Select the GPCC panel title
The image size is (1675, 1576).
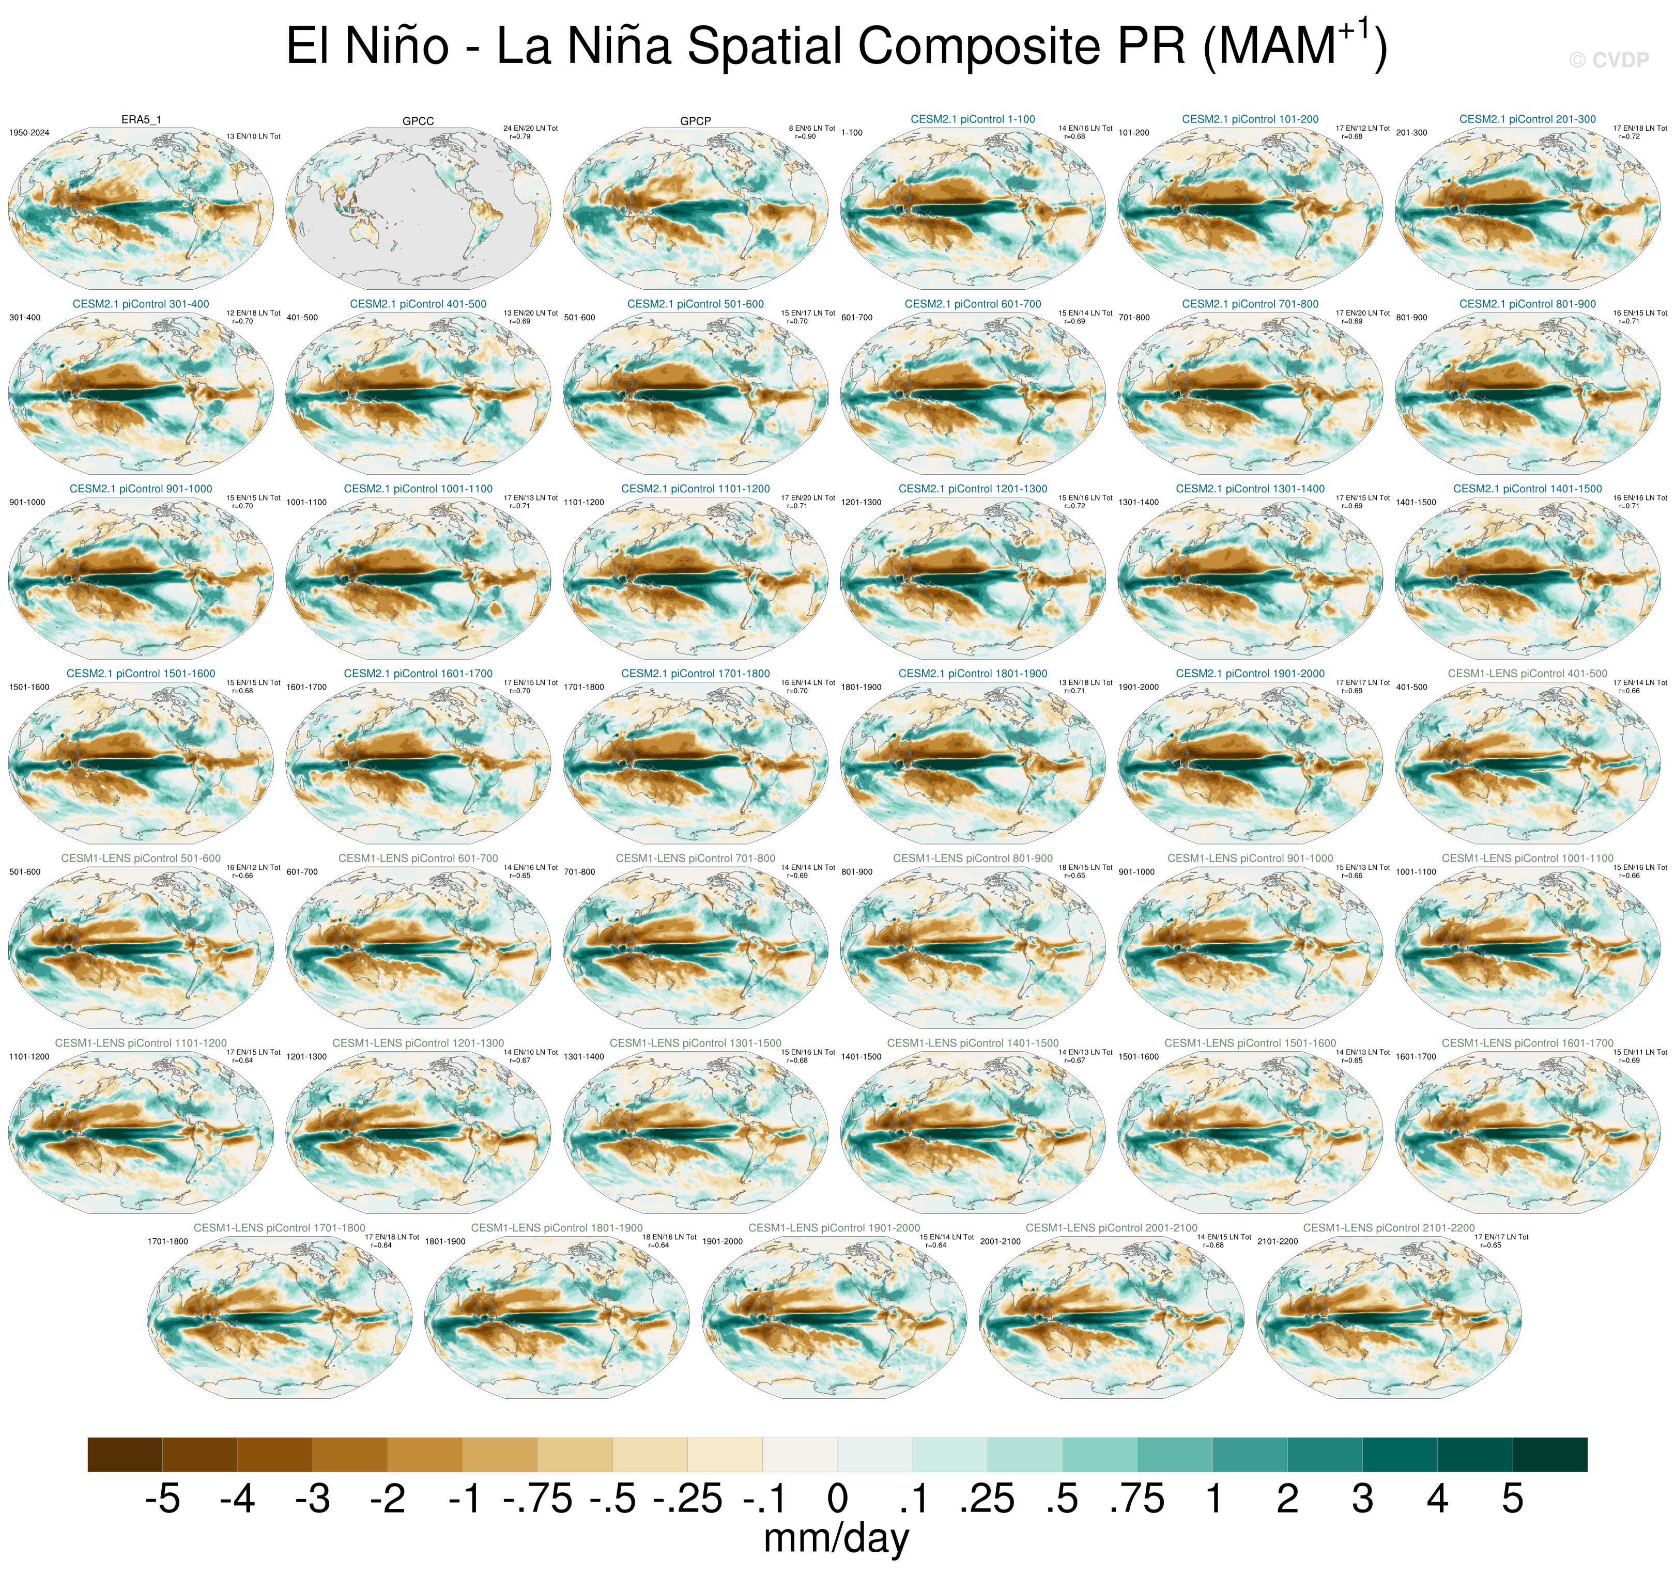(x=418, y=121)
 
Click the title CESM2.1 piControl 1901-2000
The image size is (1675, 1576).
(x=1250, y=674)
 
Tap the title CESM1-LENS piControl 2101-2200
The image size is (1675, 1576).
(x=1389, y=1228)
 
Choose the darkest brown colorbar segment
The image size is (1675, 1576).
(x=125, y=1455)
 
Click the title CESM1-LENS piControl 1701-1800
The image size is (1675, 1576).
(x=280, y=1228)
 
